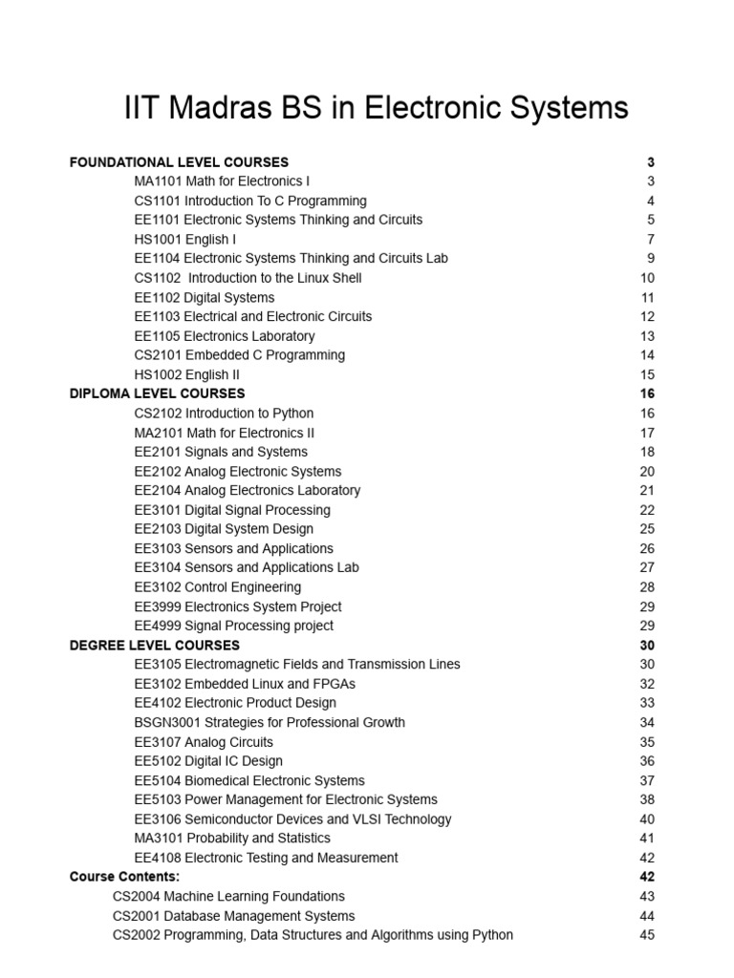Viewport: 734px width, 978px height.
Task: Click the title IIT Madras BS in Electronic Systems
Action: point(376,108)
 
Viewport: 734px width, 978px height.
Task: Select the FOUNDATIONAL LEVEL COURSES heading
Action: point(179,162)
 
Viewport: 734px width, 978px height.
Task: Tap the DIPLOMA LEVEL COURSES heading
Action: point(157,393)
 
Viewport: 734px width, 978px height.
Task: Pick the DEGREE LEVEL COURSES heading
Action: point(155,645)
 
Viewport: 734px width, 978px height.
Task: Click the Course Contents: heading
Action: point(124,877)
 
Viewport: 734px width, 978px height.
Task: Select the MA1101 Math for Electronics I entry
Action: point(222,181)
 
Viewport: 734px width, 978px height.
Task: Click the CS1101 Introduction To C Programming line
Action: point(250,201)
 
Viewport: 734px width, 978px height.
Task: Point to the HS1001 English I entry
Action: point(185,239)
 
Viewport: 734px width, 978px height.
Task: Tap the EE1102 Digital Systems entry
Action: point(205,297)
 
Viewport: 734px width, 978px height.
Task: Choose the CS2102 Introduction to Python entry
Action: point(224,413)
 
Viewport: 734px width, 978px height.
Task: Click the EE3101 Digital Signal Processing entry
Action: point(232,510)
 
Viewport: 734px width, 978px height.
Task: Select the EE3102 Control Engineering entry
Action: point(218,586)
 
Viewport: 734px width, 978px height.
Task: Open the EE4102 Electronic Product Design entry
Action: point(235,703)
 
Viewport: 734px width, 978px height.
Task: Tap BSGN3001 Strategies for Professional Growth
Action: point(270,722)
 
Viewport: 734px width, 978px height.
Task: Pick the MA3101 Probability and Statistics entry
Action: point(232,838)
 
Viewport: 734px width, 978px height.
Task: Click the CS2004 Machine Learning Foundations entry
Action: point(228,896)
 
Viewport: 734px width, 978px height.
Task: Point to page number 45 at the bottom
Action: point(647,935)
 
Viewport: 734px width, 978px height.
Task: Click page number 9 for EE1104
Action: point(651,258)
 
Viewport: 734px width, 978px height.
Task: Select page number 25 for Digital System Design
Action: point(647,529)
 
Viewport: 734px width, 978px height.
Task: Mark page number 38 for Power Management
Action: point(647,799)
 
